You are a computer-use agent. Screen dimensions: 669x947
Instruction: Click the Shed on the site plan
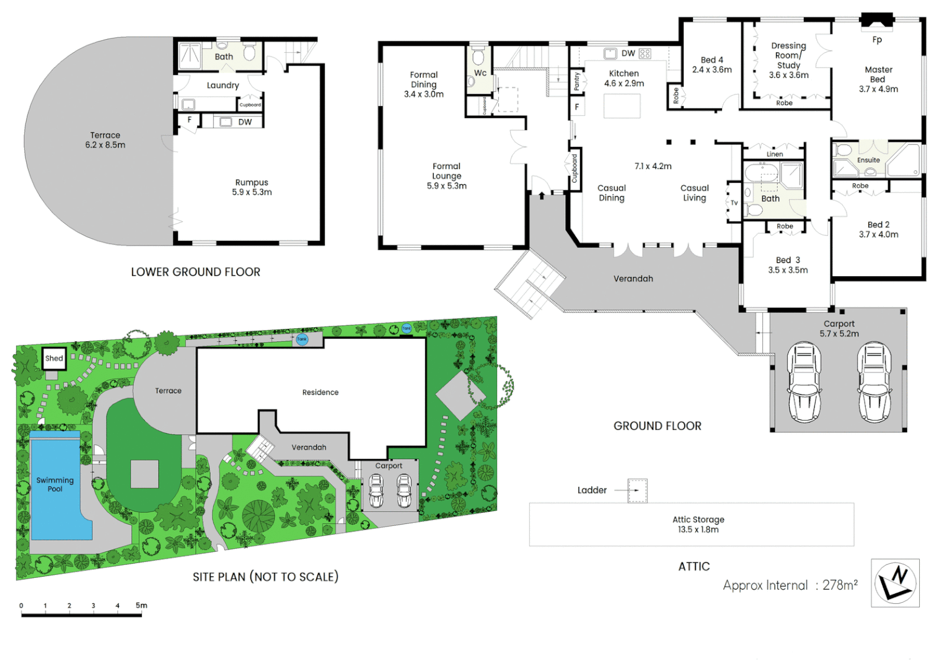[54, 358]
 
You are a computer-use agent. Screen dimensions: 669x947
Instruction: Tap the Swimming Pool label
[55, 484]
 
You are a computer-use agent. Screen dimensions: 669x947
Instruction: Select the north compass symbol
[895, 583]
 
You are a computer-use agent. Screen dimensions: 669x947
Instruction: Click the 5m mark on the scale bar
[141, 606]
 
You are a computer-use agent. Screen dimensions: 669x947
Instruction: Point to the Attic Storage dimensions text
[698, 530]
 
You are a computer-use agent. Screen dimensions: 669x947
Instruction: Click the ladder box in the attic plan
[637, 491]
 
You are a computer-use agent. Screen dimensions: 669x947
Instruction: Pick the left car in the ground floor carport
[804, 382]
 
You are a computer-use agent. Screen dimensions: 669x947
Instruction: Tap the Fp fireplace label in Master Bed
[877, 40]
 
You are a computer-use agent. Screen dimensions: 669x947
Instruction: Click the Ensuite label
[868, 160]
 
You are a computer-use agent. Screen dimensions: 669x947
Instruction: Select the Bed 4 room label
[711, 60]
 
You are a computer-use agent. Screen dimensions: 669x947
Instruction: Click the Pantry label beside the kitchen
[577, 81]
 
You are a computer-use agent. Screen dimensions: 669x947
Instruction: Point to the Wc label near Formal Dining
[480, 73]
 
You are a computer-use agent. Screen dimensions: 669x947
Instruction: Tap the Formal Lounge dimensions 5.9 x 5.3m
[446, 186]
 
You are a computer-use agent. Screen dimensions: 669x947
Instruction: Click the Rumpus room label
[252, 183]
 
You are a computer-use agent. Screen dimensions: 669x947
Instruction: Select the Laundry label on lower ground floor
[222, 85]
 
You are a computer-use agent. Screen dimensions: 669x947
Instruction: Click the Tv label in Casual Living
[734, 203]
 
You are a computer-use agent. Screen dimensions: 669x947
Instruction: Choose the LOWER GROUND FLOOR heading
[195, 272]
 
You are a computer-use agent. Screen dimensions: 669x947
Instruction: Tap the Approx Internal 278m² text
[790, 585]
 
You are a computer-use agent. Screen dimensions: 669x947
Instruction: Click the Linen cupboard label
[775, 154]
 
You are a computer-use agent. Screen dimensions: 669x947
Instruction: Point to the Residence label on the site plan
[320, 392]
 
